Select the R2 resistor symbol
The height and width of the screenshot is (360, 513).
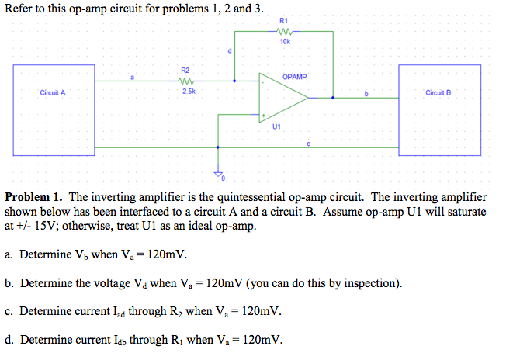[185, 80]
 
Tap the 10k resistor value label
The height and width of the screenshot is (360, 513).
[284, 42]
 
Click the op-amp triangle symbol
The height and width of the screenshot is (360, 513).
[283, 99]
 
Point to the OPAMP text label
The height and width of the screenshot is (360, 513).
[295, 77]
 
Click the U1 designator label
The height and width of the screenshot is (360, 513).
[276, 127]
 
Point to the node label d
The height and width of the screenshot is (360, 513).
[230, 51]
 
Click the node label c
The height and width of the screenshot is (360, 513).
[309, 142]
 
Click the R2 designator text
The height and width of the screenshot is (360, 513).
[185, 70]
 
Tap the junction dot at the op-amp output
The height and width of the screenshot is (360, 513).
[334, 99]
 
